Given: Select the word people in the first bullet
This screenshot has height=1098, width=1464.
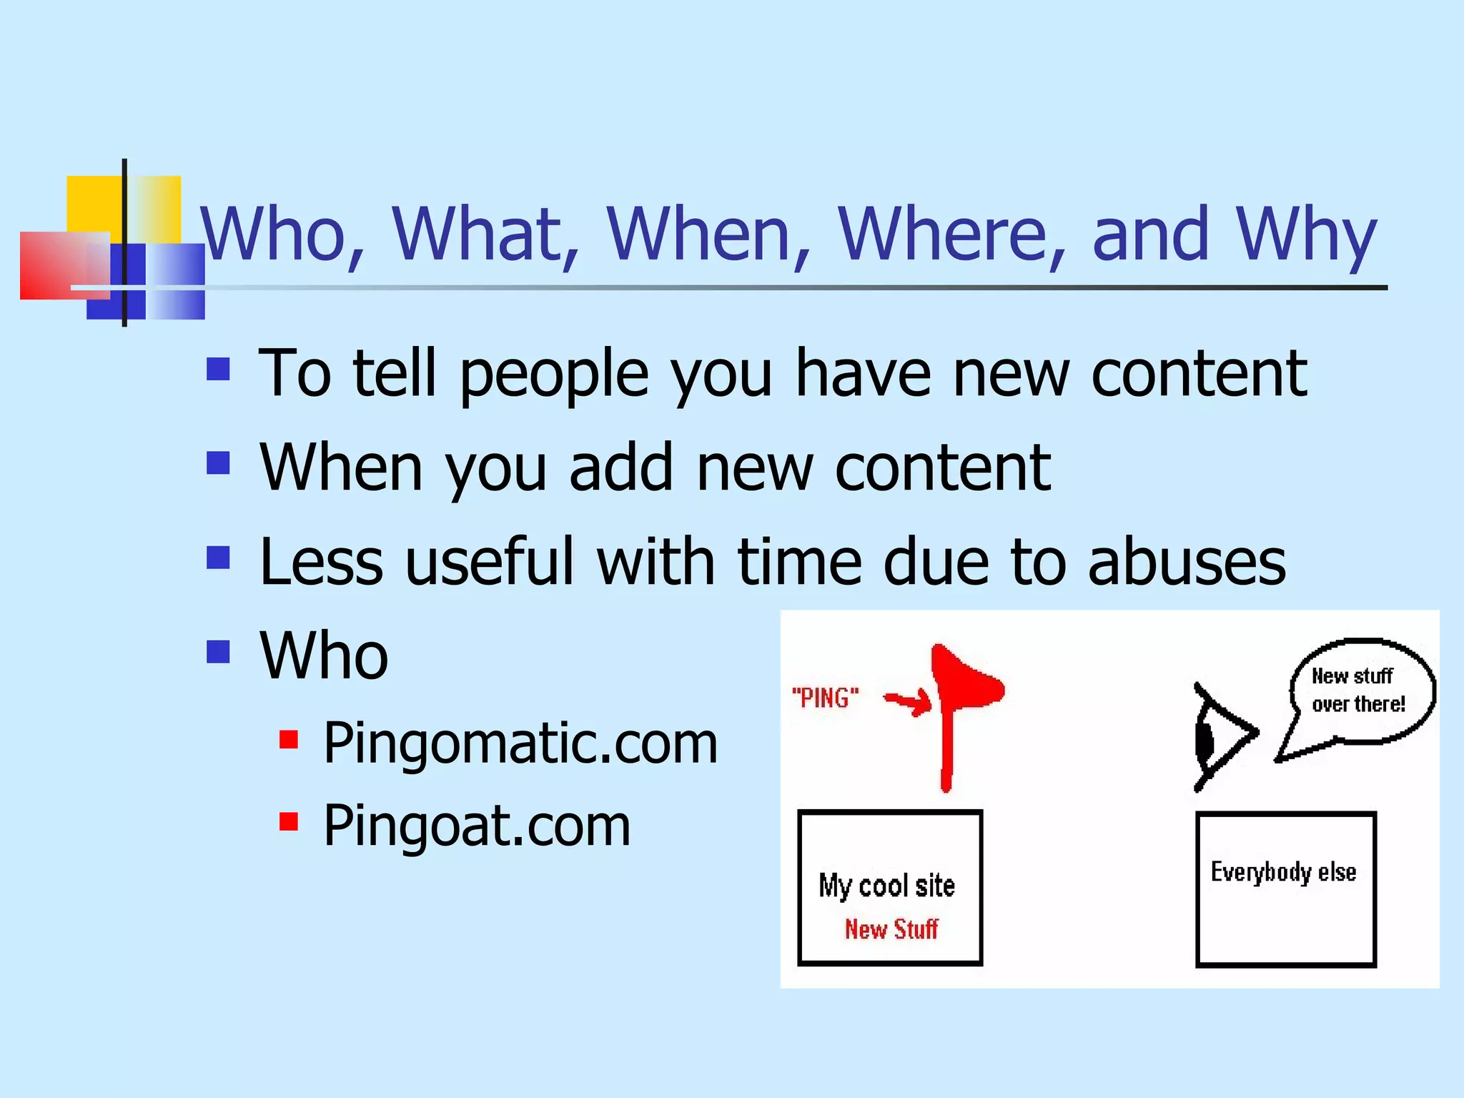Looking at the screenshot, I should [x=553, y=375].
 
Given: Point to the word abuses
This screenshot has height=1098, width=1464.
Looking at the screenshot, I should [x=1187, y=562].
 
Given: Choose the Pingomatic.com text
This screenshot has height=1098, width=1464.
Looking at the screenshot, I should [x=520, y=744].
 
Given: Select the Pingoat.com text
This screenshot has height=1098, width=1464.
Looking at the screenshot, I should [x=477, y=826].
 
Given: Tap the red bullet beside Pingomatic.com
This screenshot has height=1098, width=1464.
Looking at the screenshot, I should [x=289, y=739].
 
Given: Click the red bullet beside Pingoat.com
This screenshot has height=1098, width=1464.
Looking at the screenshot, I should [x=289, y=821].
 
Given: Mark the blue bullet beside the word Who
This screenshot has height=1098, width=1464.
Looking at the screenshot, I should [x=218, y=651].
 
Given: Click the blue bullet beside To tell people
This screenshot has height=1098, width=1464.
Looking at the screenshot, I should [x=218, y=369].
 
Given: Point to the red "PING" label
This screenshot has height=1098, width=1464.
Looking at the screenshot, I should [x=825, y=698].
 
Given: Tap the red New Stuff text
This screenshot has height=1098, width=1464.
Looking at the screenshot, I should [x=891, y=929].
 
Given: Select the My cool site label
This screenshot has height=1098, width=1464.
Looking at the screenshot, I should [x=886, y=886].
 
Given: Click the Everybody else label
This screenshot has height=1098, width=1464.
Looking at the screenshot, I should [x=1283, y=873].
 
